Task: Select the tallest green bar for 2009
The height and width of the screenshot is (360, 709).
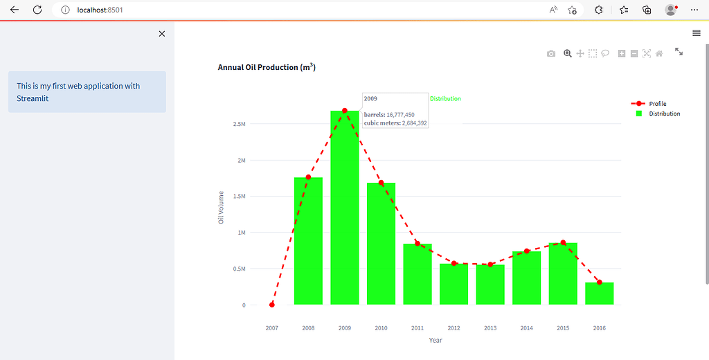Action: (x=345, y=208)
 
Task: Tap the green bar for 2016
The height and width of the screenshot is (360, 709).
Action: (x=600, y=294)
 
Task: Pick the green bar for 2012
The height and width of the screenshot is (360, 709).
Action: (x=454, y=284)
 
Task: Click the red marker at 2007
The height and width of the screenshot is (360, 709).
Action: (x=272, y=305)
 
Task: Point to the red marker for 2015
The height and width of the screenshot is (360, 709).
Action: (x=563, y=243)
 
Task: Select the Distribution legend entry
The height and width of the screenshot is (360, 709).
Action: (x=663, y=114)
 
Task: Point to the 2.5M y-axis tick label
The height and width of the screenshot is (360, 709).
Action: (x=239, y=124)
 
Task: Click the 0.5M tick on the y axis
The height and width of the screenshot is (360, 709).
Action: (x=239, y=269)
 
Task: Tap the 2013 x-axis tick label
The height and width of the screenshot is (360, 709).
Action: (x=490, y=328)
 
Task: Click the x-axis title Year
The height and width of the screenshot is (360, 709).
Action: (x=436, y=340)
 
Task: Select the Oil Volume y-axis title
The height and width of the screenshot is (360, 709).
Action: (x=222, y=207)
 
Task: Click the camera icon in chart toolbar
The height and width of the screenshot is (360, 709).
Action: (x=551, y=53)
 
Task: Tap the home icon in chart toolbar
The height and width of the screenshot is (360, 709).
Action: (x=660, y=53)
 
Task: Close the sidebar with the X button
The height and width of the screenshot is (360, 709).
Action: (x=162, y=34)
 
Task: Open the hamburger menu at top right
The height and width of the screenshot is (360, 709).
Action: (x=697, y=33)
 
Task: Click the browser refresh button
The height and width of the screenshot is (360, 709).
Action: (x=37, y=10)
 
